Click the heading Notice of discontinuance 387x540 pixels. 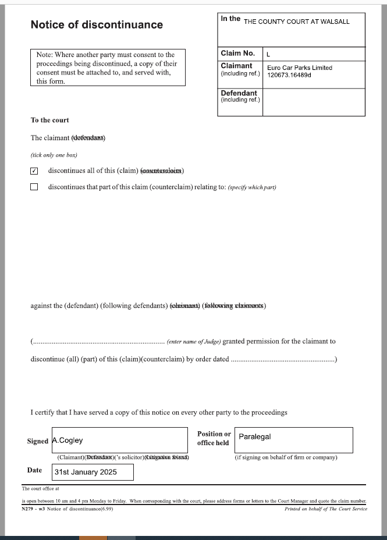coord(97,25)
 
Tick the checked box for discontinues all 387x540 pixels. coord(34,171)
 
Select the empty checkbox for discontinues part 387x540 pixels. coord(34,187)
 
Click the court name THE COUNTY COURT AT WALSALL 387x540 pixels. coord(297,22)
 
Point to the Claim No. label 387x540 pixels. coord(237,54)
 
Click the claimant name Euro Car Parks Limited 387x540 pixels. coord(300,67)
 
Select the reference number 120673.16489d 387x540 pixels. coord(289,75)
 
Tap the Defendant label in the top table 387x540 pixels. coord(239,93)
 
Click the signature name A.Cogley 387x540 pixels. coord(68,440)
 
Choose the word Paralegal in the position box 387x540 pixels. coord(255,436)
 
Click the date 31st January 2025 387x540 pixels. coord(86,472)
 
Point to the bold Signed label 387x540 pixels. coord(38,441)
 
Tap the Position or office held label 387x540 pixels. coord(214,438)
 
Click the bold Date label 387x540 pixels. coord(34,470)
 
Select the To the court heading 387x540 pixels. coord(49,120)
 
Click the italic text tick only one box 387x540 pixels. coord(54,155)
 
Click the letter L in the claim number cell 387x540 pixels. coord(268,54)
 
